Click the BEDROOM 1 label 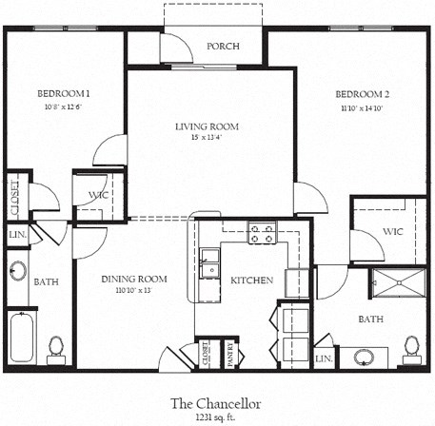click(x=64, y=93)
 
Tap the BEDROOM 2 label click(x=362, y=94)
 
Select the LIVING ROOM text click(x=207, y=126)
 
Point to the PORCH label click(x=222, y=47)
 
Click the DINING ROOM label click(x=134, y=279)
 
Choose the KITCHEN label click(x=252, y=281)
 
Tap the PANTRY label click(x=228, y=353)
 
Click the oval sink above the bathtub click(x=17, y=271)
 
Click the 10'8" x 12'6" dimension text click(x=64, y=106)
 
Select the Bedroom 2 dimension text click(x=362, y=108)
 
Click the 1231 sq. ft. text click(x=216, y=416)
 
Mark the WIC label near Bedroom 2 click(x=393, y=231)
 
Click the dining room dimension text click(x=133, y=291)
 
